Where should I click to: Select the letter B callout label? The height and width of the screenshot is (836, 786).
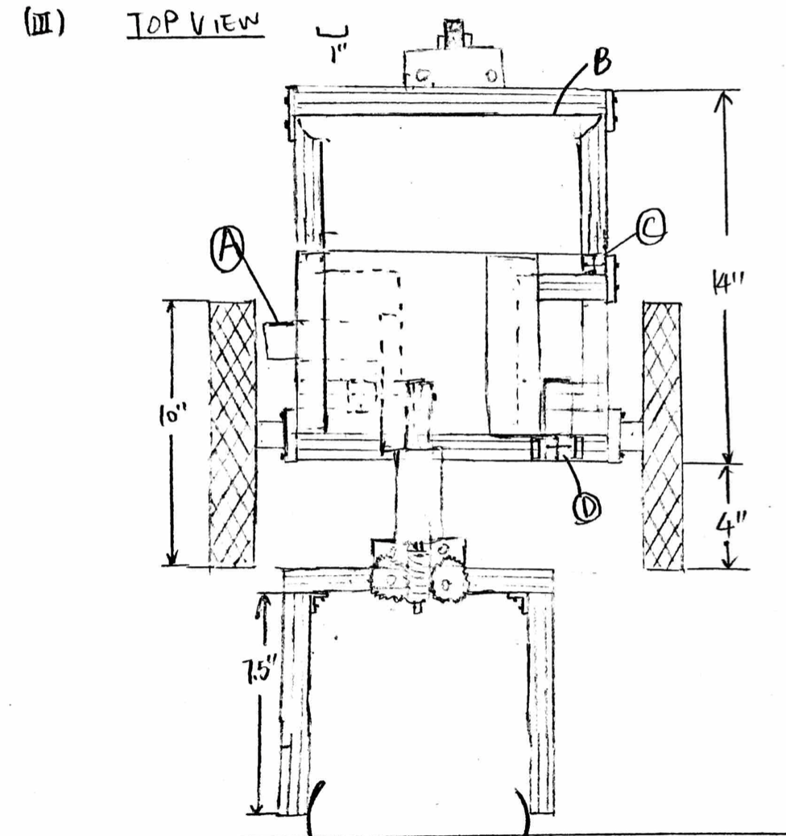(601, 61)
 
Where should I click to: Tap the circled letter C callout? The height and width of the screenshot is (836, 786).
(651, 227)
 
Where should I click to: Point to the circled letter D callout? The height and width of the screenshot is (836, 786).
(586, 509)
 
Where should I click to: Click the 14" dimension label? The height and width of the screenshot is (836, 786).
(727, 281)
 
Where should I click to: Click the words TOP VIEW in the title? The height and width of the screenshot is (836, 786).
(196, 24)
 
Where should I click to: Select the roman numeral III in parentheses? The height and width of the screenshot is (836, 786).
(44, 24)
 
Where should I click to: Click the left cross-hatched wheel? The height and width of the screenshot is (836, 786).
(232, 433)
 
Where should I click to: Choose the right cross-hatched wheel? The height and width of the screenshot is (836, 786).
(662, 436)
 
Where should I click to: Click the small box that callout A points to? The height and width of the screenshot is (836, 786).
(281, 340)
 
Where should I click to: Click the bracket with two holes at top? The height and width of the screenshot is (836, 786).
(453, 68)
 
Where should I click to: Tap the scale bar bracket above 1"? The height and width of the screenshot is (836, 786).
(333, 33)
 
